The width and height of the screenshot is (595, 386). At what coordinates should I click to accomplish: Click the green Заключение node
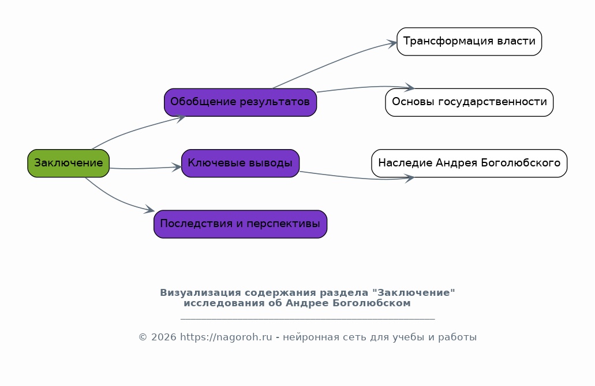[x=68, y=164]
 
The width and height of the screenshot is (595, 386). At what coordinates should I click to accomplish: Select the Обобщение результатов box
[x=240, y=103]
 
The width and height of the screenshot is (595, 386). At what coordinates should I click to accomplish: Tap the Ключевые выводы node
[x=240, y=164]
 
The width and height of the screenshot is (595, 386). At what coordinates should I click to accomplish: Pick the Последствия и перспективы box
[x=240, y=224]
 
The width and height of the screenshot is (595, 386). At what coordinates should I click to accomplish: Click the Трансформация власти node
[x=469, y=42]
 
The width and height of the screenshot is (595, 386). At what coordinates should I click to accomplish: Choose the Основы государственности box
[x=469, y=103]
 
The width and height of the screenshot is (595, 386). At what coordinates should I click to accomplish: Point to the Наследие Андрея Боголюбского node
[x=469, y=164]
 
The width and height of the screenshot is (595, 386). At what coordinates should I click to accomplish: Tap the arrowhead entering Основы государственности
[x=410, y=88]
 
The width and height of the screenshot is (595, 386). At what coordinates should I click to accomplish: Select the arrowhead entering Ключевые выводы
[x=177, y=167]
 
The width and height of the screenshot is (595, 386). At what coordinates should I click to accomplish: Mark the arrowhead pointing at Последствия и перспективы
[x=149, y=209]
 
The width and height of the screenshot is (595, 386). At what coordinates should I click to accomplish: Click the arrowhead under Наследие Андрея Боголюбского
[x=410, y=178]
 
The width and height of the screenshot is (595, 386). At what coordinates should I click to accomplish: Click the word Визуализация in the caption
[x=200, y=293]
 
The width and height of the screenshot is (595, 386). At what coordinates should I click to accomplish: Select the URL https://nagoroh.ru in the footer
[x=226, y=337]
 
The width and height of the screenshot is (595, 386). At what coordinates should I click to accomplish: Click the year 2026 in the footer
[x=163, y=337]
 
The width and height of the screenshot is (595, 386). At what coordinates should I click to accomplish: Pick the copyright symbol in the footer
[x=143, y=337]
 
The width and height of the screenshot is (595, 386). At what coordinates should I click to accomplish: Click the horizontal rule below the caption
[x=308, y=319]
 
